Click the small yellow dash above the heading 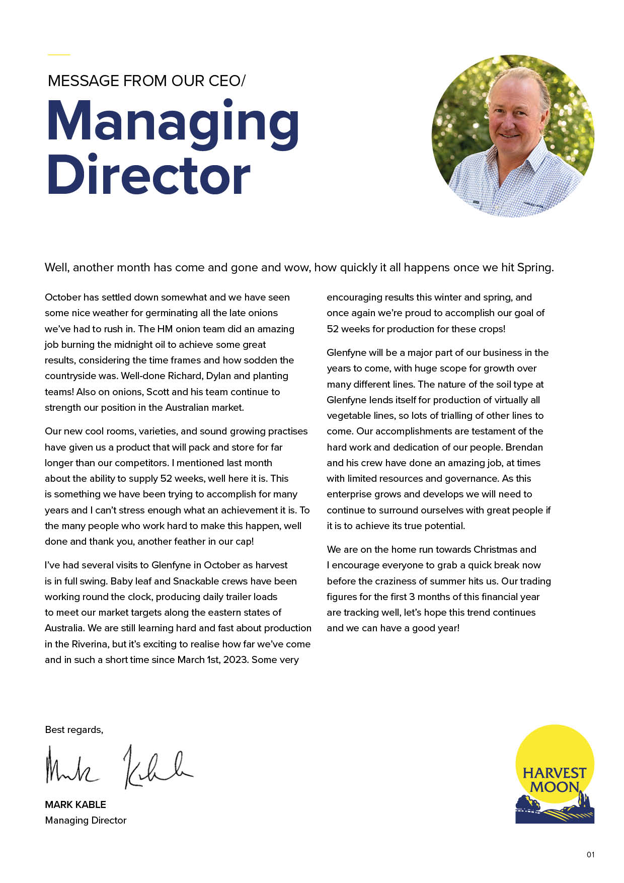pyautogui.click(x=59, y=54)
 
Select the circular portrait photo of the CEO pyautogui.click(x=513, y=136)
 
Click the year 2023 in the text pyautogui.click(x=234, y=659)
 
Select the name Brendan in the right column pyautogui.click(x=524, y=447)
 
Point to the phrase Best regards pyautogui.click(x=74, y=730)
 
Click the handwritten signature pyautogui.click(x=119, y=766)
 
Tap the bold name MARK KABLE pyautogui.click(x=75, y=804)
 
